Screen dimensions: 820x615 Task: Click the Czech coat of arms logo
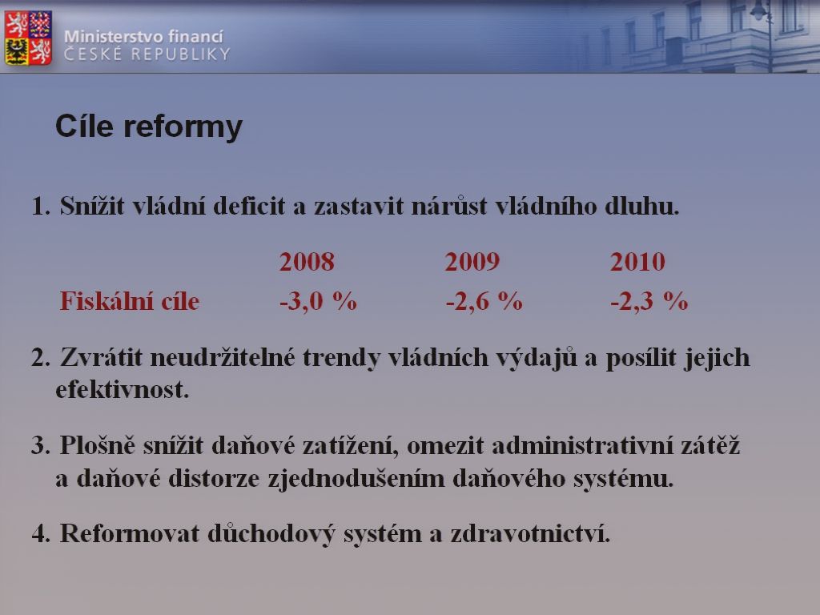click(28, 38)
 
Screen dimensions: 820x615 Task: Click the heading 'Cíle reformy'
click(149, 127)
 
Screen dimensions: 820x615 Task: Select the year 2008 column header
click(307, 262)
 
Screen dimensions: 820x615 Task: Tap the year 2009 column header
click(472, 262)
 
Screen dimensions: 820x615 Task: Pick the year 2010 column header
click(637, 262)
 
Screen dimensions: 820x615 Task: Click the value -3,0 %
click(318, 301)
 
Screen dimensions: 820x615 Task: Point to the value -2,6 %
click(484, 301)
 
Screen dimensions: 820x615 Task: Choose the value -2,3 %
click(649, 301)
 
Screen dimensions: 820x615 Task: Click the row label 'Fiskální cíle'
click(130, 301)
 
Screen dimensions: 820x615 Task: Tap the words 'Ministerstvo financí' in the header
click(144, 37)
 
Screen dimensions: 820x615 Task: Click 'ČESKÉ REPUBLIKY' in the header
click(147, 54)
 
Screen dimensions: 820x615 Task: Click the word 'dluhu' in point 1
click(641, 206)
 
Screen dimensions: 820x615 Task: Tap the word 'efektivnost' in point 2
click(122, 390)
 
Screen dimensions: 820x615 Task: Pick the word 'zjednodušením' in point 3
click(356, 479)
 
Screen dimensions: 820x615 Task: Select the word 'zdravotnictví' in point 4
click(530, 534)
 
